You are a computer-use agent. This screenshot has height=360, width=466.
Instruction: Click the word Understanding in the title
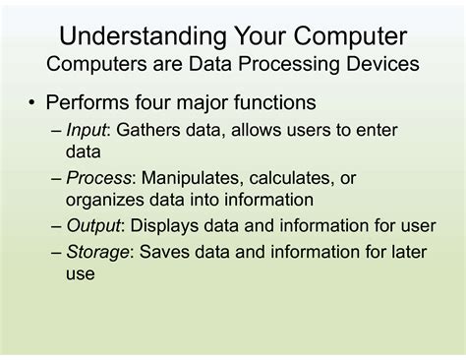135,37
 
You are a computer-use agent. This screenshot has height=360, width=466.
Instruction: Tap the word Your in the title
261,37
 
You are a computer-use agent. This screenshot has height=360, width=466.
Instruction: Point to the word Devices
377,65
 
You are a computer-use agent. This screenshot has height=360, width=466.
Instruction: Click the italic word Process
101,178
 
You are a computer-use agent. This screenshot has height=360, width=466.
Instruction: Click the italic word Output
95,225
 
